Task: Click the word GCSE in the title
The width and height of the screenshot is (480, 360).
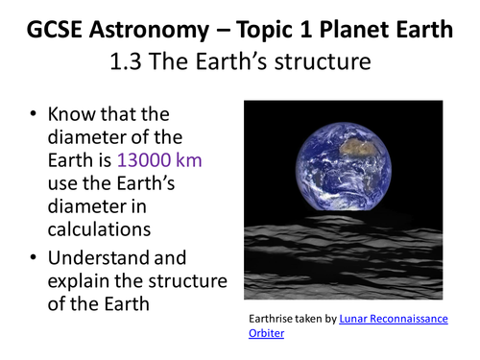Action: [54, 30]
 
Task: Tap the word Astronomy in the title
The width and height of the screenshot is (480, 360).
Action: [149, 31]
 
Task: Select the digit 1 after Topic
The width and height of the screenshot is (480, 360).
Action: [305, 30]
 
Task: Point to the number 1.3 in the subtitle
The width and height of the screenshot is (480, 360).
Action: [126, 61]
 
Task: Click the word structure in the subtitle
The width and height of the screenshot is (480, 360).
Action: [323, 61]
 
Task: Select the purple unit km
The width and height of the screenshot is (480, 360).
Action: [189, 159]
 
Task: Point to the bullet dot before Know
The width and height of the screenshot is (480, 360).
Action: [33, 114]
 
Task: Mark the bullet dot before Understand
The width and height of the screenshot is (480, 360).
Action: [33, 257]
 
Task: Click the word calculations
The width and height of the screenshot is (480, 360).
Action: [99, 229]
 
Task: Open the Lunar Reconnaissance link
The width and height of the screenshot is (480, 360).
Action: [394, 319]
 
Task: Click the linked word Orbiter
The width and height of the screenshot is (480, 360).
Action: [266, 333]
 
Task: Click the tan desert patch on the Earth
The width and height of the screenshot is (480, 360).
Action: [358, 147]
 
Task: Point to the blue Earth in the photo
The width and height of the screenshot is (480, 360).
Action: [343, 166]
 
